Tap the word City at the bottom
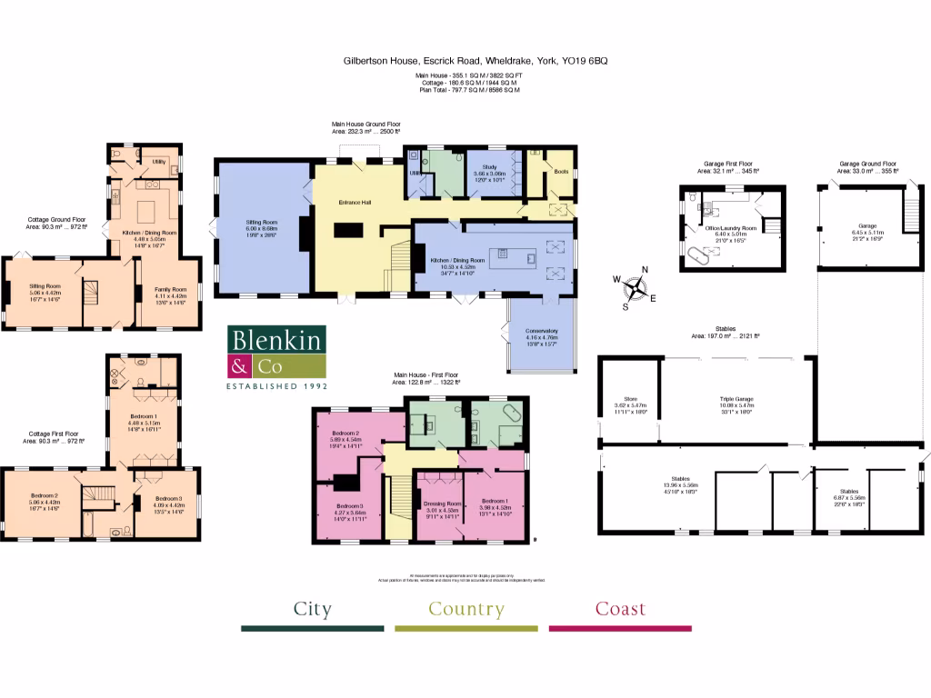pos(312,609)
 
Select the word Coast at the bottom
pos(620,609)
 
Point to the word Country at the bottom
pos(466,609)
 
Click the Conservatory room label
pos(541,331)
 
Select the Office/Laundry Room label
pos(732,229)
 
